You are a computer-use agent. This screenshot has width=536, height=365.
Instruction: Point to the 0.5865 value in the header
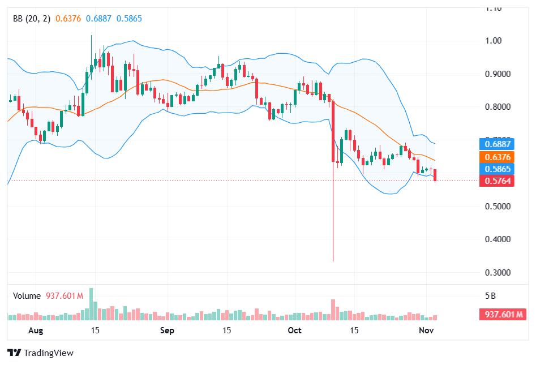coord(129,19)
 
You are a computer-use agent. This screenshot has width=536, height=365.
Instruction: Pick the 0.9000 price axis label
coord(497,74)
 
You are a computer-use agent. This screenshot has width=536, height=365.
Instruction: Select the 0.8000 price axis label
coord(497,107)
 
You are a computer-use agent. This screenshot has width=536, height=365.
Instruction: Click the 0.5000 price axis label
coord(497,207)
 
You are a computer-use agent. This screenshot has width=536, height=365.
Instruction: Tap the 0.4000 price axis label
coord(497,239)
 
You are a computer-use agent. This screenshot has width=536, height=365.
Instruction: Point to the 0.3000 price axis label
coord(497,273)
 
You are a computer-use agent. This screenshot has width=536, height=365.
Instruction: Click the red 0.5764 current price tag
coord(496,181)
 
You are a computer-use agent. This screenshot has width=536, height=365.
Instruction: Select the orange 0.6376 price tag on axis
coord(496,157)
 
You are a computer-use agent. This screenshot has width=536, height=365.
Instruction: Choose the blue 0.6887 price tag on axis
coord(496,144)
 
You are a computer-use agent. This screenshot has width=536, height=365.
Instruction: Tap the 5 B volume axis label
coord(491,296)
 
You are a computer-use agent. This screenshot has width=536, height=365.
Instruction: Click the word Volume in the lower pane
coord(27,295)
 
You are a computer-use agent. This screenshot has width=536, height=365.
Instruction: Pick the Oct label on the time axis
coord(295,330)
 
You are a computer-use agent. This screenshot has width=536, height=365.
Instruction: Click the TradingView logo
coord(41,353)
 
